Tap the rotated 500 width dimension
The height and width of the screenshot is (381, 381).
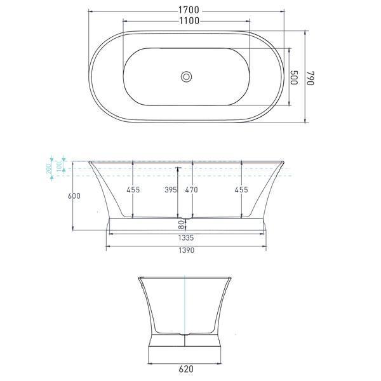pos(294,77)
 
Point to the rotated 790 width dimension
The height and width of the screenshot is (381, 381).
pos(311,77)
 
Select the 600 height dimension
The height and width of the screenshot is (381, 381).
pos(74,196)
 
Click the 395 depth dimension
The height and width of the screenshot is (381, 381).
pos(170,190)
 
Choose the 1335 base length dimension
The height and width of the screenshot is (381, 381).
pos(185,238)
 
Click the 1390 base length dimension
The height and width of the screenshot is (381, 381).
pos(185,250)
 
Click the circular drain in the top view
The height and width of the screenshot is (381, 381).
pos(186,77)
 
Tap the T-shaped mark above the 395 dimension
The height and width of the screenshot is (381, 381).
pos(178,169)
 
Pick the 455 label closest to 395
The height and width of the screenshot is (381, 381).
pos(133,190)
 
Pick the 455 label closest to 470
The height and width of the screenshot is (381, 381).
pos(241,190)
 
